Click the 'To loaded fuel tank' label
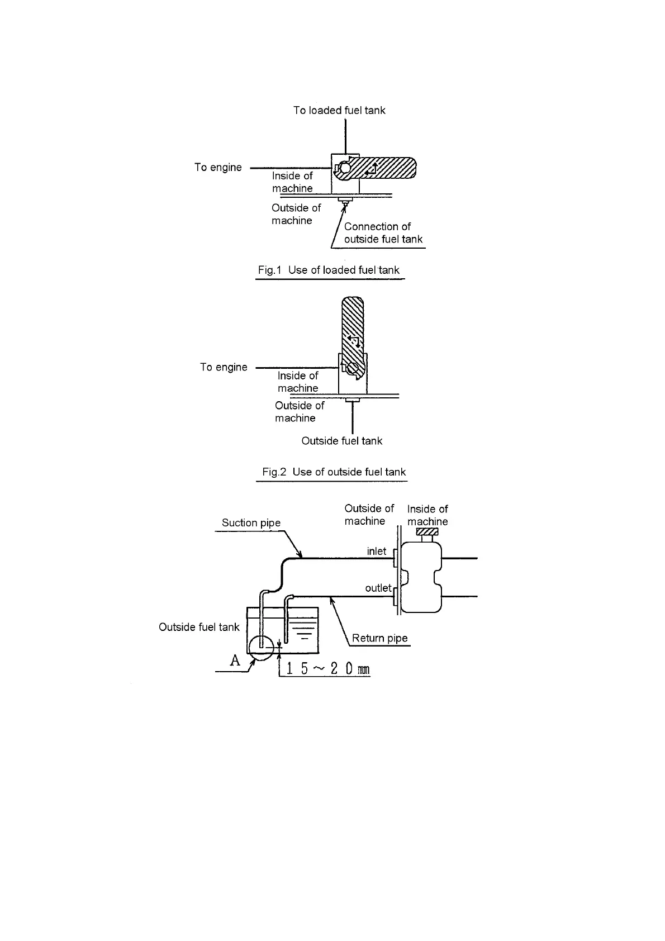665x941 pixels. point(339,111)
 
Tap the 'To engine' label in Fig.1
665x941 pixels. point(218,168)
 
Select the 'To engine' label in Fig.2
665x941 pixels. point(224,367)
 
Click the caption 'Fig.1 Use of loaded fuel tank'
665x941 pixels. point(329,270)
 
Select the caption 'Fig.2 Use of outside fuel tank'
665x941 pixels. point(334,472)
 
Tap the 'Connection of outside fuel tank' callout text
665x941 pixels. point(383,233)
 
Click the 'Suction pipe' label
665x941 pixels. point(251,523)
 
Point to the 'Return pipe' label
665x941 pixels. point(379,639)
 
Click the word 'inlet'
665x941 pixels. point(376,552)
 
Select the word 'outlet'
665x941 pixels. point(378,588)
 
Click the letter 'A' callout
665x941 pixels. point(235,660)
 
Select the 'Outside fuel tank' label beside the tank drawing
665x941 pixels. point(199,628)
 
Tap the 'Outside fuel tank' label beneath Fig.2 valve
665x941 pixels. point(341,441)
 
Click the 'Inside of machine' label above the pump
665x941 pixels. point(427,515)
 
